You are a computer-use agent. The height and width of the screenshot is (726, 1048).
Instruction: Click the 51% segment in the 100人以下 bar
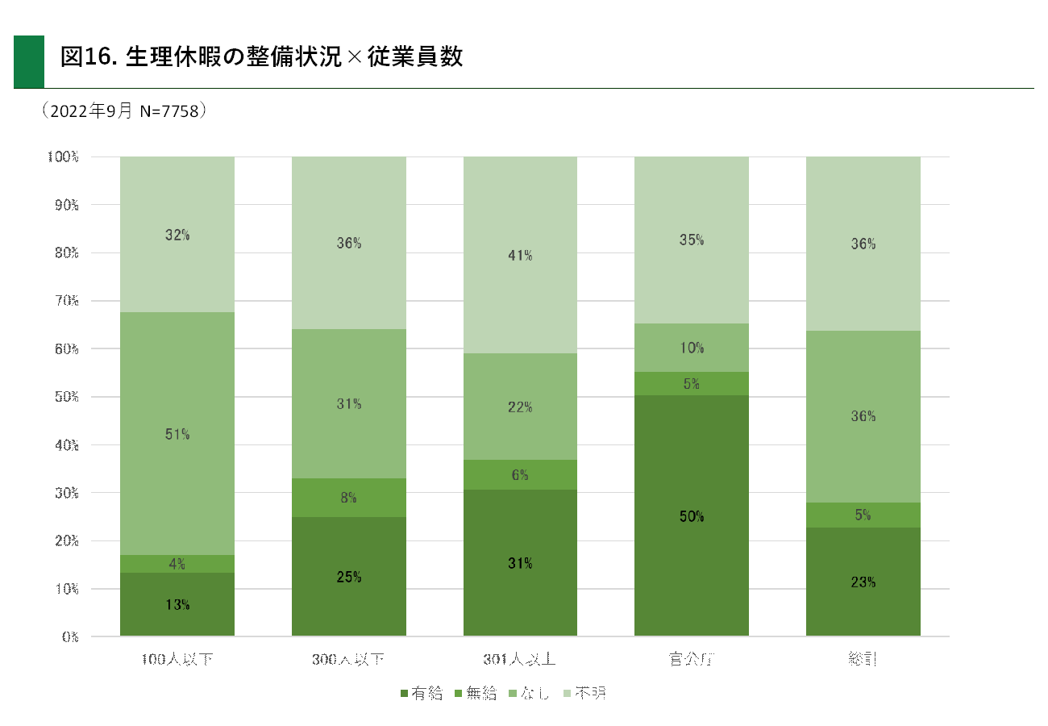coord(177,433)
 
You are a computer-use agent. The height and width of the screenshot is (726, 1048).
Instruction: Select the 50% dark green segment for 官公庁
coord(692,515)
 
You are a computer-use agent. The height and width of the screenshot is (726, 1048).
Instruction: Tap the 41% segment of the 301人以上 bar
coord(520,255)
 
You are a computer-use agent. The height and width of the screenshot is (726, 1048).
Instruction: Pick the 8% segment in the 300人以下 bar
coord(349,498)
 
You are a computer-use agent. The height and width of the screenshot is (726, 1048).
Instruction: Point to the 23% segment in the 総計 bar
coord(863,582)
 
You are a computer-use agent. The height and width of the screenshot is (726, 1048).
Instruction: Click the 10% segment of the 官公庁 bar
coord(692,348)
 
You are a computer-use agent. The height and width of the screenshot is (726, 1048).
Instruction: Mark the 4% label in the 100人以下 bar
coord(177,564)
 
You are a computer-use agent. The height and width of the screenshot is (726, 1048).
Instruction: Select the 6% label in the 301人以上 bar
coord(520,475)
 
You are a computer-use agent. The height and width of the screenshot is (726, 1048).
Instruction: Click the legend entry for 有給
coord(421,693)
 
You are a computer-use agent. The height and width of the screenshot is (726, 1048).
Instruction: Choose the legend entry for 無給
coord(476,693)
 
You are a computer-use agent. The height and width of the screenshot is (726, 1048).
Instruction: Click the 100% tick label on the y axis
coord(63,156)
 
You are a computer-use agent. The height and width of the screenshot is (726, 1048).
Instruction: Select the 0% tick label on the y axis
coord(69,636)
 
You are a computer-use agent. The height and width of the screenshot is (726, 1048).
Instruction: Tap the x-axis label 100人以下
coord(177,660)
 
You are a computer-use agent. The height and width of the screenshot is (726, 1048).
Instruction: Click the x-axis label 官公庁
coord(692,660)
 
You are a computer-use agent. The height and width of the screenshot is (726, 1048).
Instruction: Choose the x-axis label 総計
coord(863,660)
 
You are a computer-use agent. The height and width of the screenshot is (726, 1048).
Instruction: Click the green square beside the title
coord(29,61)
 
